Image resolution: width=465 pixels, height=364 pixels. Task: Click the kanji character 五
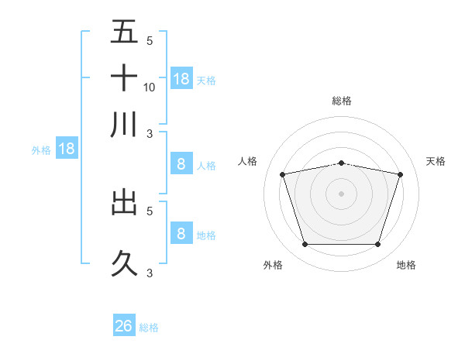coord(125,33)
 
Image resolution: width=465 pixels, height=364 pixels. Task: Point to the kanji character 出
coord(125,203)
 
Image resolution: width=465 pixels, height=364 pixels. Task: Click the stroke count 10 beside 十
coord(150,87)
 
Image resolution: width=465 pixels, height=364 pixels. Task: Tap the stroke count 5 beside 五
coord(149,41)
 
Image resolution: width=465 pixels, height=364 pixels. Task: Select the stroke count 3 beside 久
coord(149,273)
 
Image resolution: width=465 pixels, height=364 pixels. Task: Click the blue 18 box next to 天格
coord(181,78)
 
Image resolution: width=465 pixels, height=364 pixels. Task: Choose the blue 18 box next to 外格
coord(67,149)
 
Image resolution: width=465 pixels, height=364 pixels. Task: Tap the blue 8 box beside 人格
coord(181,163)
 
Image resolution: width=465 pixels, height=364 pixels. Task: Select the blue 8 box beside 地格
coord(181,233)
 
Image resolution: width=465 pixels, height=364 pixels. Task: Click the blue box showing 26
coord(124,326)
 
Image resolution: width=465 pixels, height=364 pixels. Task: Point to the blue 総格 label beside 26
coord(149,328)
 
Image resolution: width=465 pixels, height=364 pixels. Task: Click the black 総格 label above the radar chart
coord(341,101)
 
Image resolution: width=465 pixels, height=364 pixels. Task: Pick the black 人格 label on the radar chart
coord(248,161)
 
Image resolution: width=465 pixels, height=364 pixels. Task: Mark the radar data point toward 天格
coord(400,175)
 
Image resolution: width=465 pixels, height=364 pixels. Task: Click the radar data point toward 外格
coord(305,245)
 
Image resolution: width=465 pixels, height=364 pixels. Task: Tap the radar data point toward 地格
coord(377,245)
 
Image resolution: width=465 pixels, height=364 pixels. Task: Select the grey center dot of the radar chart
coord(341,194)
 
